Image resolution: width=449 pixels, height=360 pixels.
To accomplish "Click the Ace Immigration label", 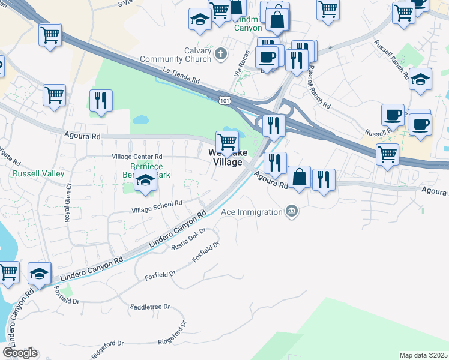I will tap(252, 212).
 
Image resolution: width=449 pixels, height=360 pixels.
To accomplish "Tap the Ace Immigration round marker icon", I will tap(292, 211).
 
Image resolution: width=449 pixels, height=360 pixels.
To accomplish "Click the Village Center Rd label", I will tap(137, 157).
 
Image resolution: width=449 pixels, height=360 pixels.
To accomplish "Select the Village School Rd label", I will tap(157, 207).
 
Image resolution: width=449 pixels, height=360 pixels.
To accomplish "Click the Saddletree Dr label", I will tap(150, 307).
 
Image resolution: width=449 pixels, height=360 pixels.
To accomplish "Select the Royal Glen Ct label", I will tap(68, 203).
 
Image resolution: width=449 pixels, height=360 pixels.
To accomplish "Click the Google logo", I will tap(20, 353).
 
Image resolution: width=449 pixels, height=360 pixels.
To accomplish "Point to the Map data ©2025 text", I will tap(423, 355).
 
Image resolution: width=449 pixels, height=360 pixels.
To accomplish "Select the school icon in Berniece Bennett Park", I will tap(145, 181).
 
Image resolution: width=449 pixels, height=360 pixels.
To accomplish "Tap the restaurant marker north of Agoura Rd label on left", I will tap(101, 100).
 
